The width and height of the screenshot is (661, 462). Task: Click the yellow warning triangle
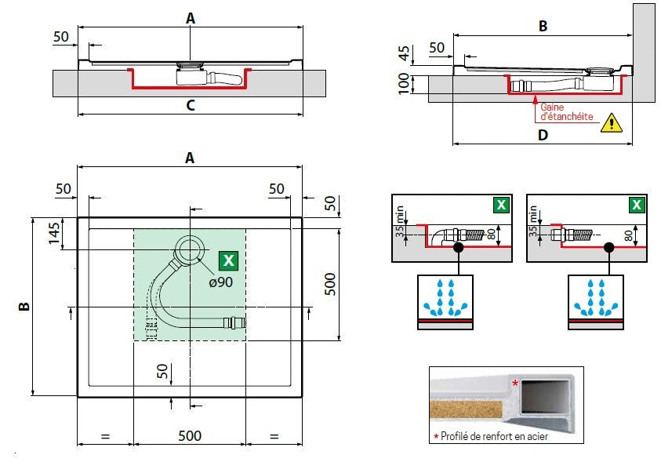click(612, 122)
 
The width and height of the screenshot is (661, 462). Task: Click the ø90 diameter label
click(221, 282)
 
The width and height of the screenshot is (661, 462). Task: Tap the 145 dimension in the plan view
click(54, 233)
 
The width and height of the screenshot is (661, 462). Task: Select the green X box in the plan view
click(228, 260)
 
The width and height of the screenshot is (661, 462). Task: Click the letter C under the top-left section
click(191, 105)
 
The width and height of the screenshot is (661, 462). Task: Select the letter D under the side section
click(543, 135)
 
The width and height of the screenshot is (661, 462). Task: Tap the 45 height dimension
click(404, 53)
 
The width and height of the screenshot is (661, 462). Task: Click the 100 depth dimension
click(404, 83)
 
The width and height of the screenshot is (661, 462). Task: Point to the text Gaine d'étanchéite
click(567, 111)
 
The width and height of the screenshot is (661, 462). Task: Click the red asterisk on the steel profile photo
click(515, 384)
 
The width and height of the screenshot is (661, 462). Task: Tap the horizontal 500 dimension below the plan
click(190, 435)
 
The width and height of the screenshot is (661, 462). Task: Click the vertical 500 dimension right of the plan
click(331, 284)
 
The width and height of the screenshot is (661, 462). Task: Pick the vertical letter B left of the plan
click(24, 306)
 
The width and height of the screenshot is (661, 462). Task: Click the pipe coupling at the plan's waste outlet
click(234, 323)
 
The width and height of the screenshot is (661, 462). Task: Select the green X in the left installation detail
click(501, 205)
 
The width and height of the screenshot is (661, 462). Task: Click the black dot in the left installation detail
click(458, 247)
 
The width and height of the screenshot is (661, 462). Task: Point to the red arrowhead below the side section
click(535, 100)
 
